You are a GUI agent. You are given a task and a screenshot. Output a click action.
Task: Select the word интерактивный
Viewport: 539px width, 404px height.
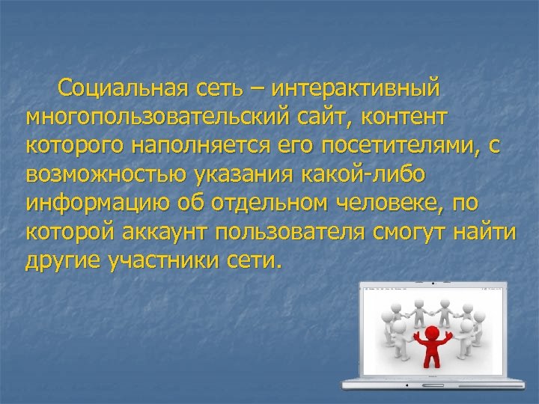pyautogui.click(x=356, y=89)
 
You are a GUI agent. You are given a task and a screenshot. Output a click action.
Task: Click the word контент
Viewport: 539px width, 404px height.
pyautogui.click(x=398, y=117)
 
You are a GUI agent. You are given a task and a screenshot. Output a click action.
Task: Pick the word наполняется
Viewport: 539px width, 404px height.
pyautogui.click(x=176, y=146)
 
